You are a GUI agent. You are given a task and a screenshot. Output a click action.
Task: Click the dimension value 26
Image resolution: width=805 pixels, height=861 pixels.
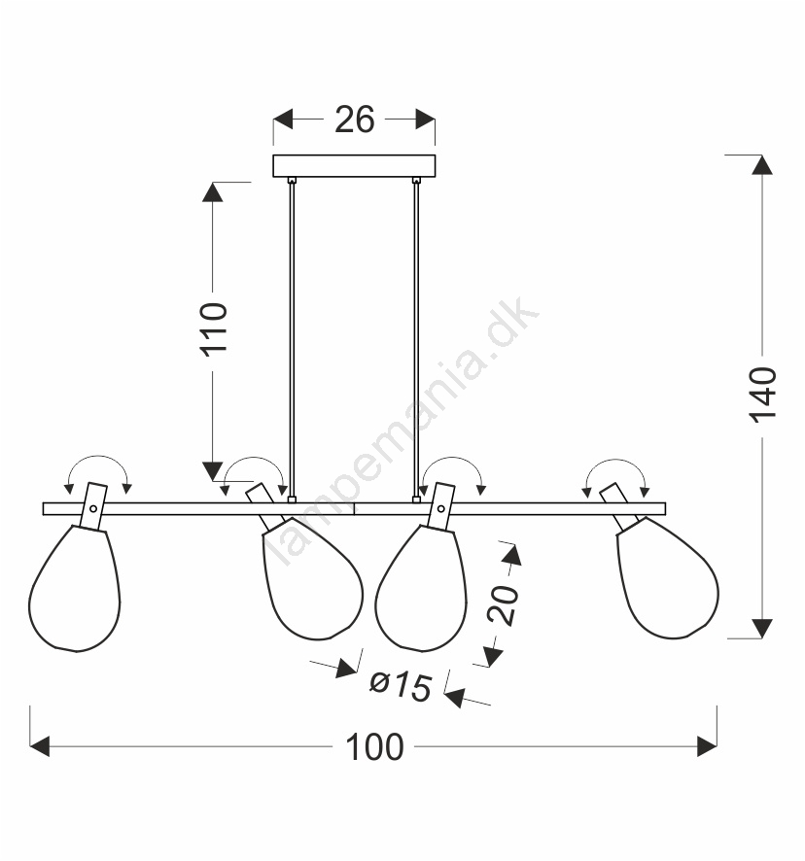(x=355, y=120)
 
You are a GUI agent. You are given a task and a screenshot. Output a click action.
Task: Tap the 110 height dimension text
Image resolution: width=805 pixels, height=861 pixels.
(x=213, y=329)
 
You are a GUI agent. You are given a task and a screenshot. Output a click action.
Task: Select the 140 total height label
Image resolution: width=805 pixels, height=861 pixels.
(x=762, y=395)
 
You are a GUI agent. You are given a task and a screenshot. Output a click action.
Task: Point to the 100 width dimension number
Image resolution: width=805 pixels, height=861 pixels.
(x=374, y=746)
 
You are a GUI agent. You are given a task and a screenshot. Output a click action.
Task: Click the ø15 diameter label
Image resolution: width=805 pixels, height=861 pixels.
(x=401, y=685)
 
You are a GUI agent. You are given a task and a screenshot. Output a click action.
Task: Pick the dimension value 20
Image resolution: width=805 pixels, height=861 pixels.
(x=503, y=604)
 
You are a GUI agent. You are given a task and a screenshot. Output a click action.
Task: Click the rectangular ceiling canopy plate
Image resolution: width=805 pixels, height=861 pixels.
(x=354, y=166)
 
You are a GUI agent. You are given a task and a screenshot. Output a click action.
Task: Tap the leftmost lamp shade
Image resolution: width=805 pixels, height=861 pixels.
(x=75, y=589)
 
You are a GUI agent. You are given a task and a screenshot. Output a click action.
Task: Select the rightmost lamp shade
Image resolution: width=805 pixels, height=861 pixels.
(x=668, y=578)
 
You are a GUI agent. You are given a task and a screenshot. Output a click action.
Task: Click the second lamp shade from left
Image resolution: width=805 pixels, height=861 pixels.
(x=313, y=579)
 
